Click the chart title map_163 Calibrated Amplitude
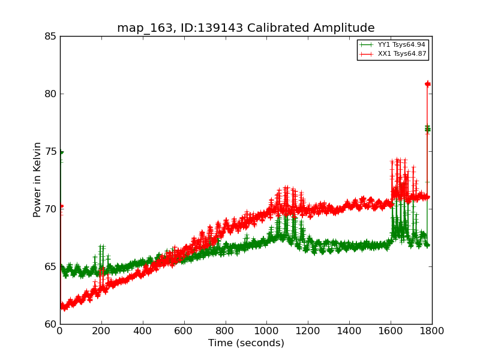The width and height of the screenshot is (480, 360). pyautogui.click(x=245, y=28)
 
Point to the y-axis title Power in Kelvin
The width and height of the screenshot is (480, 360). pyautogui.click(x=37, y=179)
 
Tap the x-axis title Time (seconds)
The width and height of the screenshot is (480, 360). pyautogui.click(x=246, y=343)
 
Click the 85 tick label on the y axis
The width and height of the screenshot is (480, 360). pyautogui.click(x=50, y=36)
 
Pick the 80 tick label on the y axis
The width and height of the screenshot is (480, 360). pyautogui.click(x=50, y=94)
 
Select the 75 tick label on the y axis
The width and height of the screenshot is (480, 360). pyautogui.click(x=50, y=151)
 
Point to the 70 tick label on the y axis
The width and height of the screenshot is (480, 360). pyautogui.click(x=50, y=209)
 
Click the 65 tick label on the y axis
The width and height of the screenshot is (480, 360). pyautogui.click(x=50, y=266)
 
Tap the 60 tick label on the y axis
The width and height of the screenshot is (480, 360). pyautogui.click(x=50, y=324)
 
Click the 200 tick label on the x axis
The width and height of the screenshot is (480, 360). pyautogui.click(x=101, y=330)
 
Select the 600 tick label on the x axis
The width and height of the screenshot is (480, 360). pyautogui.click(x=184, y=330)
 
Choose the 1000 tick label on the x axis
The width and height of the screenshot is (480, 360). pyautogui.click(x=266, y=330)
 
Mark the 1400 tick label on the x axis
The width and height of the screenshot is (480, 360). pyautogui.click(x=349, y=330)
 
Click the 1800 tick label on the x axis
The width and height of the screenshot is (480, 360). pyautogui.click(x=432, y=330)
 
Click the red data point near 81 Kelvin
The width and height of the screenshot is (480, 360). pyautogui.click(x=428, y=84)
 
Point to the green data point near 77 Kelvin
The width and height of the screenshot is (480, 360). pyautogui.click(x=428, y=129)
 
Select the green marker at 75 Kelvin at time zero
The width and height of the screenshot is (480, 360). pyautogui.click(x=61, y=152)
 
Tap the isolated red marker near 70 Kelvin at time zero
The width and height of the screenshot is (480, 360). pyautogui.click(x=61, y=206)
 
